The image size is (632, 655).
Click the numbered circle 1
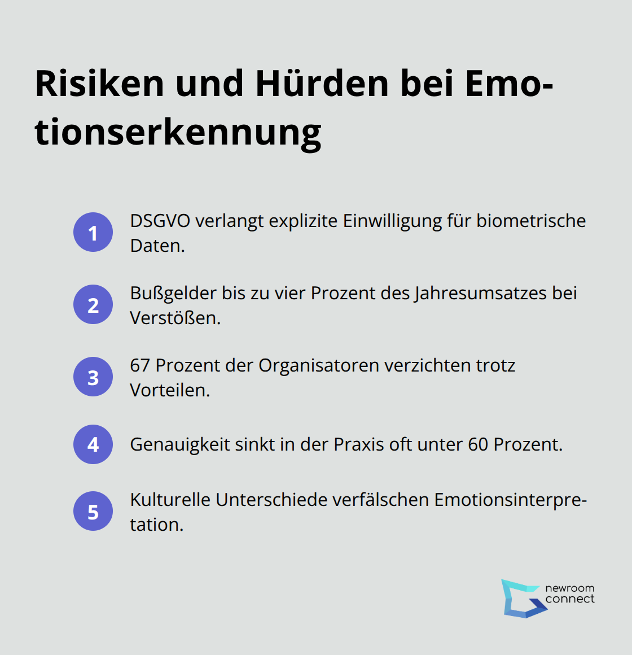[93, 232]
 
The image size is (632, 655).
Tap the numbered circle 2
[93, 304]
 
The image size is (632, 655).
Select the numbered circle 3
[93, 377]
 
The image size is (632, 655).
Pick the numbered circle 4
[93, 444]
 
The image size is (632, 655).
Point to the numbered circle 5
[93, 512]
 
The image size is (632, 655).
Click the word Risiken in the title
[99, 84]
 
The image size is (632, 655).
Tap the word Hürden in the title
[322, 84]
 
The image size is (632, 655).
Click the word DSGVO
[160, 221]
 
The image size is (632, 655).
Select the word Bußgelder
[173, 293]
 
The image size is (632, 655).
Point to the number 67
[140, 365]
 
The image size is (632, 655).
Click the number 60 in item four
[478, 444]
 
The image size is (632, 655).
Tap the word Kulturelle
[170, 500]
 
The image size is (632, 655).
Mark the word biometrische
[531, 221]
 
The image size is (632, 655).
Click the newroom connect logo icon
[521, 598]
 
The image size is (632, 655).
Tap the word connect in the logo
[570, 599]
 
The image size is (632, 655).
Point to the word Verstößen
[175, 318]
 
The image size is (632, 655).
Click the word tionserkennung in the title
[178, 133]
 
